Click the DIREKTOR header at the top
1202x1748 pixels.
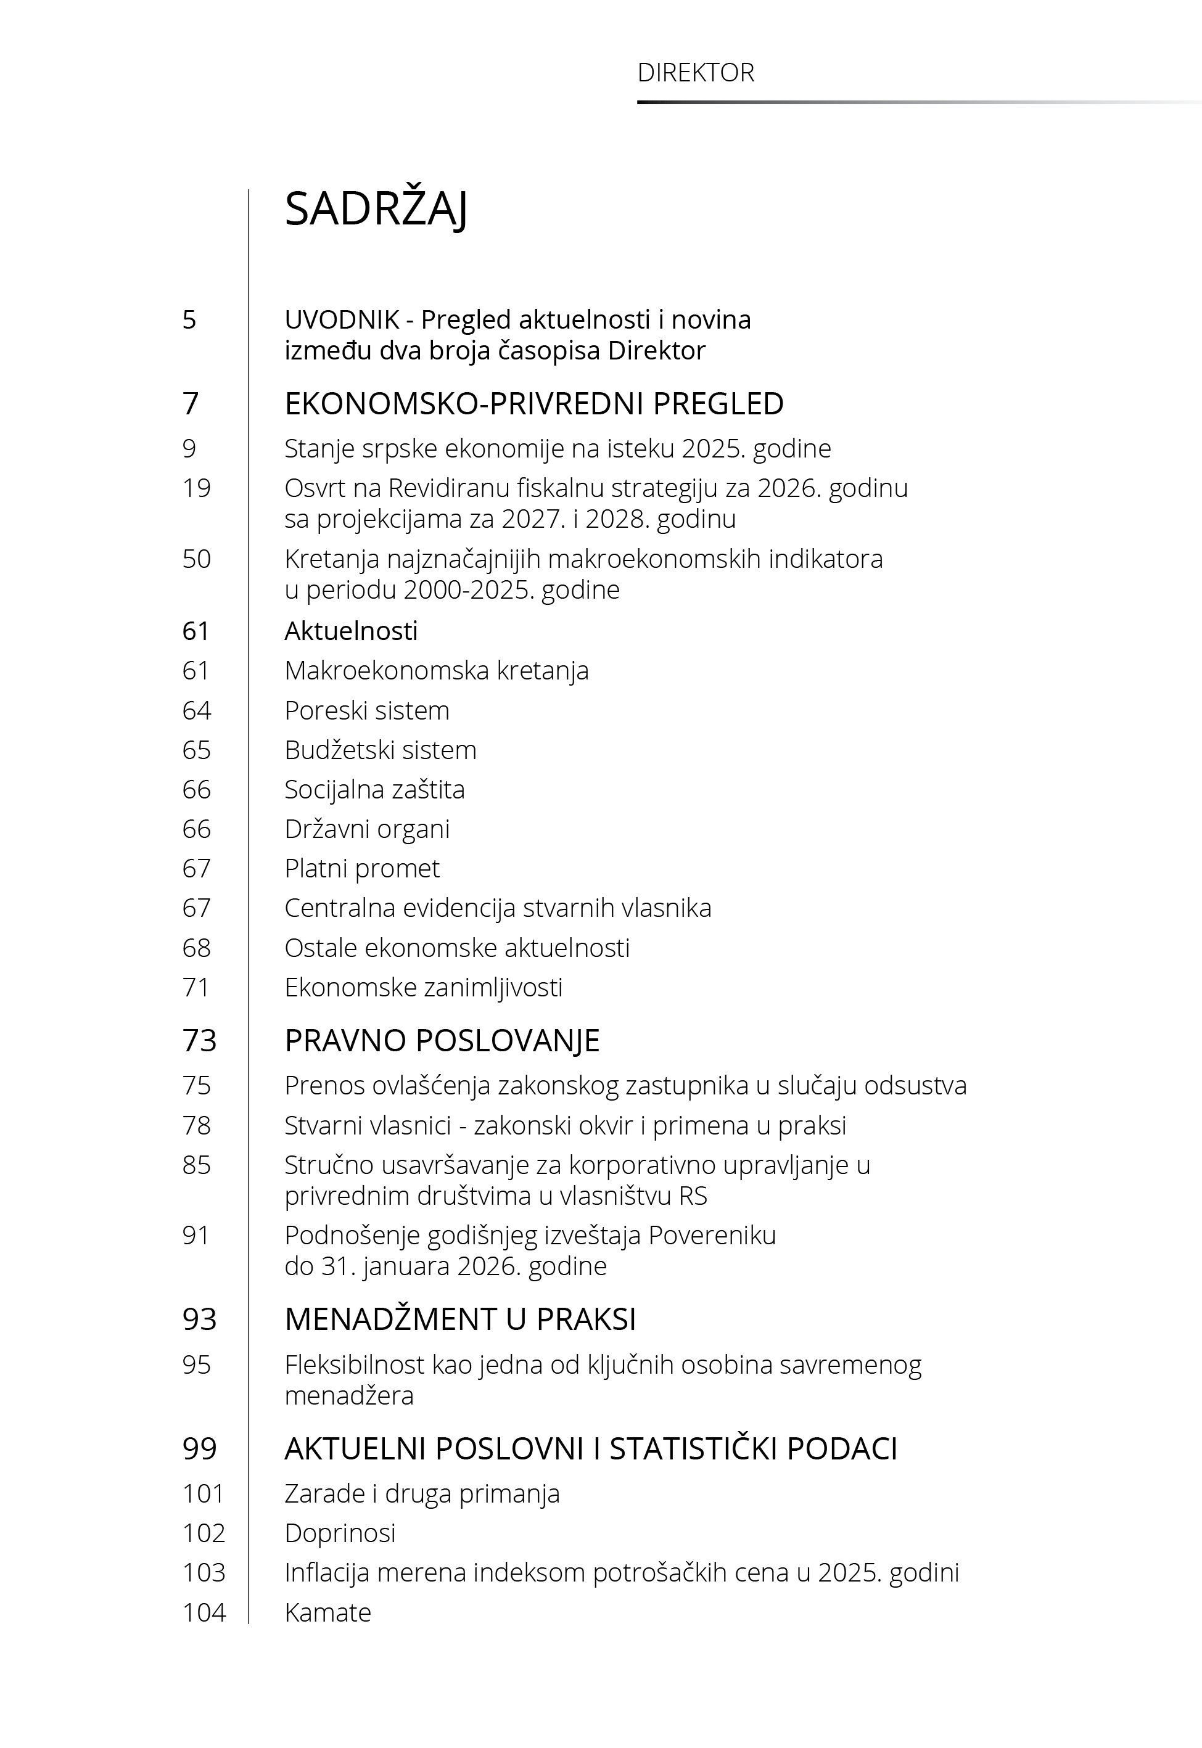point(695,73)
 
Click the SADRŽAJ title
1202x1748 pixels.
point(376,209)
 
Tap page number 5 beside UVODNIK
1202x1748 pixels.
point(189,320)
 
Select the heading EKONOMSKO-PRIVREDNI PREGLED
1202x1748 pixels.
point(533,404)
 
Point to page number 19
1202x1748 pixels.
point(196,488)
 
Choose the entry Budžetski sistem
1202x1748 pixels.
point(381,750)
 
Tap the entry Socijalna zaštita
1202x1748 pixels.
point(374,790)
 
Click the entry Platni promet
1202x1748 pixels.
point(361,869)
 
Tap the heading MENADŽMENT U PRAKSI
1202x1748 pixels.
point(459,1319)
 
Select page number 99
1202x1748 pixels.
point(199,1449)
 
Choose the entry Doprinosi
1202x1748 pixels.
point(340,1533)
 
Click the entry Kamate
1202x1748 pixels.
point(327,1612)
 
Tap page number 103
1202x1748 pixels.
point(204,1573)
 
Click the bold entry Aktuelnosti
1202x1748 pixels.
point(350,631)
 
